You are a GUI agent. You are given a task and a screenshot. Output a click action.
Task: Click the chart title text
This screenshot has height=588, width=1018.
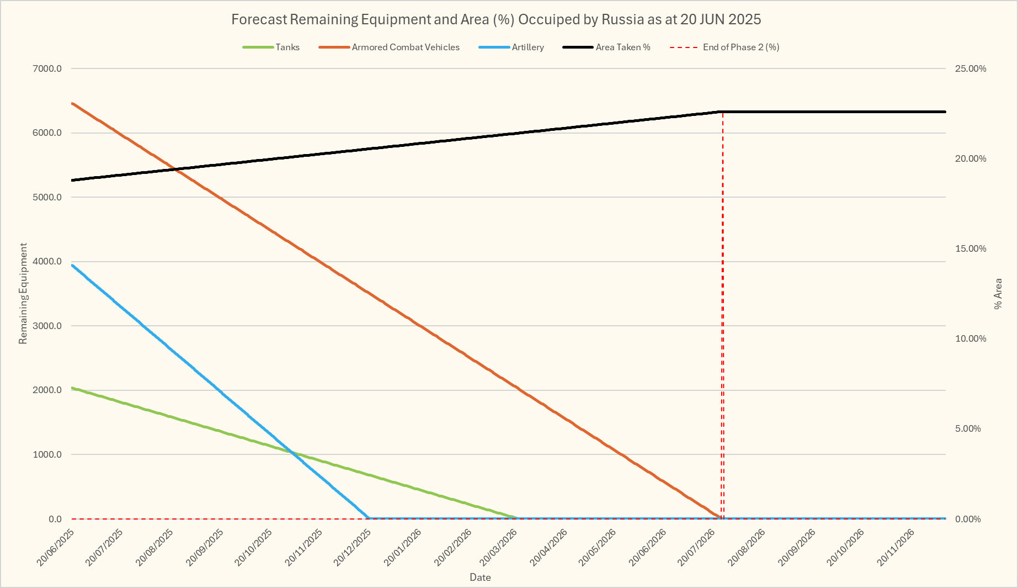point(496,19)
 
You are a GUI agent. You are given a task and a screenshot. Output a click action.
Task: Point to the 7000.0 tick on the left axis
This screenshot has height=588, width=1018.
point(47,69)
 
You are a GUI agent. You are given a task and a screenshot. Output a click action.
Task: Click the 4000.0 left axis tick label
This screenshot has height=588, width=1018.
point(47,262)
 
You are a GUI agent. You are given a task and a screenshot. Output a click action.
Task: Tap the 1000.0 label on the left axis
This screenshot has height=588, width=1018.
point(47,455)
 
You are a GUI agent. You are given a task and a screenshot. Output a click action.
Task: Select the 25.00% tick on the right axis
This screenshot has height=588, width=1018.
point(971,69)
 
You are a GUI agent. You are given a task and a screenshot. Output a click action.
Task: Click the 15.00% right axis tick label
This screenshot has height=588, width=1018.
point(971,249)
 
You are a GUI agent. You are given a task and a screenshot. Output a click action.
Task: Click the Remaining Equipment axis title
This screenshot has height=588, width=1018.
point(23,294)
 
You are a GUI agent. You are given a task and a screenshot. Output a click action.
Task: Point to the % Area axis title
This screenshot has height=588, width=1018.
point(998,294)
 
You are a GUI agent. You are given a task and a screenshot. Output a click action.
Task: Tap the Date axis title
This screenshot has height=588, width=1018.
point(480,578)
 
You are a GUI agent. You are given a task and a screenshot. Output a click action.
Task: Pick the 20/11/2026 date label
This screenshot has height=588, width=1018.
point(897,547)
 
